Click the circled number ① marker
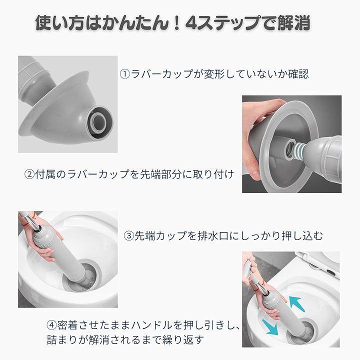click(125, 74)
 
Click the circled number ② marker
click(29, 174)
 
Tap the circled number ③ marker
click(129, 236)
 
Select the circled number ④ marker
click(51, 325)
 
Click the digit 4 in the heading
click(192, 23)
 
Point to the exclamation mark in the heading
click(176, 23)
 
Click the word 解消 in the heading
click(293, 23)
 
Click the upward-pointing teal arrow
click(297, 303)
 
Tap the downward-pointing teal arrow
click(270, 327)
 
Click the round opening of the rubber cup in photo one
click(99, 122)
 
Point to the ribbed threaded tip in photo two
click(298, 149)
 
